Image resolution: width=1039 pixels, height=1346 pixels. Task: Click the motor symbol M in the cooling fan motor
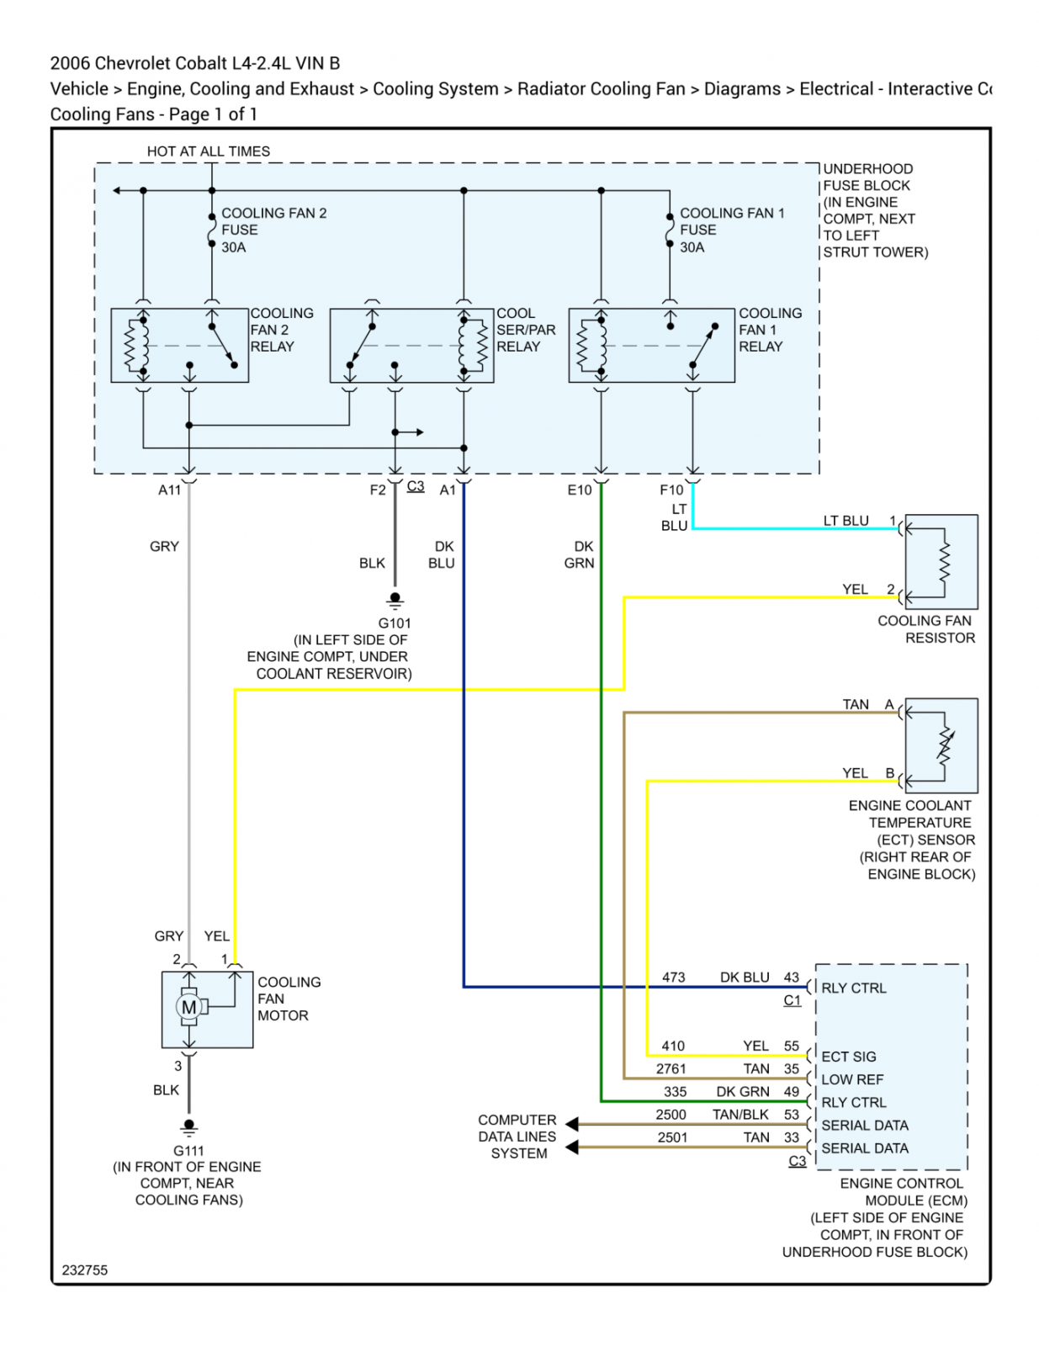(188, 1008)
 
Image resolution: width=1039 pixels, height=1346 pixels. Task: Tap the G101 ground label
(395, 623)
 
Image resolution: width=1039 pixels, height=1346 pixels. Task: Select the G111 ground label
(188, 1150)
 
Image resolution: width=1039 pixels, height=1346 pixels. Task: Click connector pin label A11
(169, 490)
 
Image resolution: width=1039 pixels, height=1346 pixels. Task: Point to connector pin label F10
(671, 490)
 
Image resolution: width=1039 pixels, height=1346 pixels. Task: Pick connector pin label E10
(580, 490)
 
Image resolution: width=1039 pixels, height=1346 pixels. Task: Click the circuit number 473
(673, 977)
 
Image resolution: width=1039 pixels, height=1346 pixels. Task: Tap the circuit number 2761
(671, 1068)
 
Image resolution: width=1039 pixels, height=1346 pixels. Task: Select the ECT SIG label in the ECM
(848, 1056)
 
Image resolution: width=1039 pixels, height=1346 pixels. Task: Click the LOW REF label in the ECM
(852, 1079)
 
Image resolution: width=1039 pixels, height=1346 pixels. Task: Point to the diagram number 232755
(85, 1269)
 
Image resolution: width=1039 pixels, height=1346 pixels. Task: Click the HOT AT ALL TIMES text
(208, 151)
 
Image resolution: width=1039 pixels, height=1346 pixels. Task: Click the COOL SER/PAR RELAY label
(526, 330)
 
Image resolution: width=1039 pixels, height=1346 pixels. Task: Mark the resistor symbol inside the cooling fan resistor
(944, 562)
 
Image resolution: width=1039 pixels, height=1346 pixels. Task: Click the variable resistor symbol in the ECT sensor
(944, 746)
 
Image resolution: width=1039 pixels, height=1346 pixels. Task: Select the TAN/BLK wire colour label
(740, 1115)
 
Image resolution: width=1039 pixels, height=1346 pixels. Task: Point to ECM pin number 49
(792, 1091)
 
